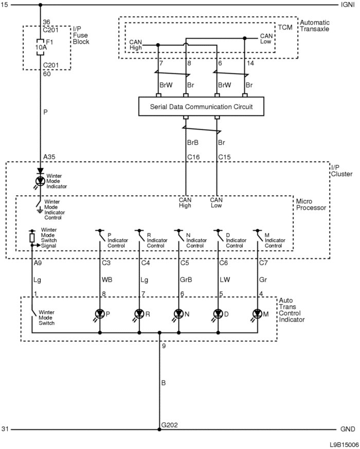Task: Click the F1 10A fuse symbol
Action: tap(41, 47)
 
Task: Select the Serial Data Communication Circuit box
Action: tap(201, 106)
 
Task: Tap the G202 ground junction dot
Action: tap(159, 429)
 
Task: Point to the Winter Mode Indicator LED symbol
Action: tap(40, 181)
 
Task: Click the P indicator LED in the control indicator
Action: tap(100, 314)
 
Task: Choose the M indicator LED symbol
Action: tap(257, 314)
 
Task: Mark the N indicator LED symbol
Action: tap(178, 314)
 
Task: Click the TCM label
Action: tap(285, 27)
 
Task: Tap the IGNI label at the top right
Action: tap(348, 5)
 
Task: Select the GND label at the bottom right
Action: tap(348, 429)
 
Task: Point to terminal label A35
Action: tap(49, 157)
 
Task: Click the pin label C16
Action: tap(193, 157)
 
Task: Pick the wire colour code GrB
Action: tap(186, 279)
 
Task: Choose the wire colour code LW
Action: tap(225, 279)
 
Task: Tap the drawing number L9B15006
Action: tap(344, 445)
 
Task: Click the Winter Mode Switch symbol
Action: tap(34, 313)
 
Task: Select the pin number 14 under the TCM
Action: tap(250, 63)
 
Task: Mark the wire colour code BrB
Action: tap(193, 142)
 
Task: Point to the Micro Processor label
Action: tap(311, 204)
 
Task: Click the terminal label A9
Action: tap(38, 263)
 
